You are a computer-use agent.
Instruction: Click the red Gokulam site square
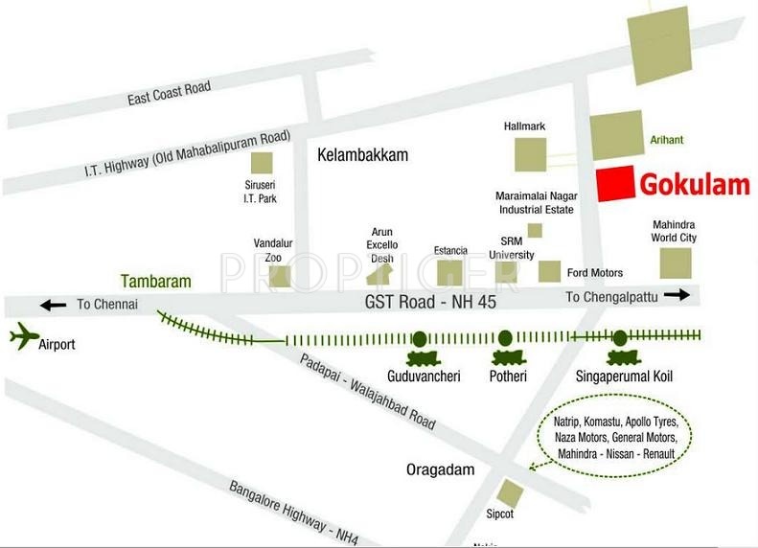tap(614, 184)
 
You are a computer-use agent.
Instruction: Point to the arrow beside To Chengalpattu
tap(677, 296)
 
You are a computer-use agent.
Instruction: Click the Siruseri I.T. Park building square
tap(261, 163)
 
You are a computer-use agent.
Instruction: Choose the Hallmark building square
tap(530, 154)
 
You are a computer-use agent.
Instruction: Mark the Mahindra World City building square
tap(675, 262)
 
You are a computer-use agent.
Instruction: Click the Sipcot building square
tap(511, 493)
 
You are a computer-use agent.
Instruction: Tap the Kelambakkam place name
tap(363, 154)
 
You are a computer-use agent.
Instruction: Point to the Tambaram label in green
tap(156, 282)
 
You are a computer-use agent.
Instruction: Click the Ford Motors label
tap(594, 273)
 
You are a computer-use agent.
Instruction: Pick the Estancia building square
tap(449, 272)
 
